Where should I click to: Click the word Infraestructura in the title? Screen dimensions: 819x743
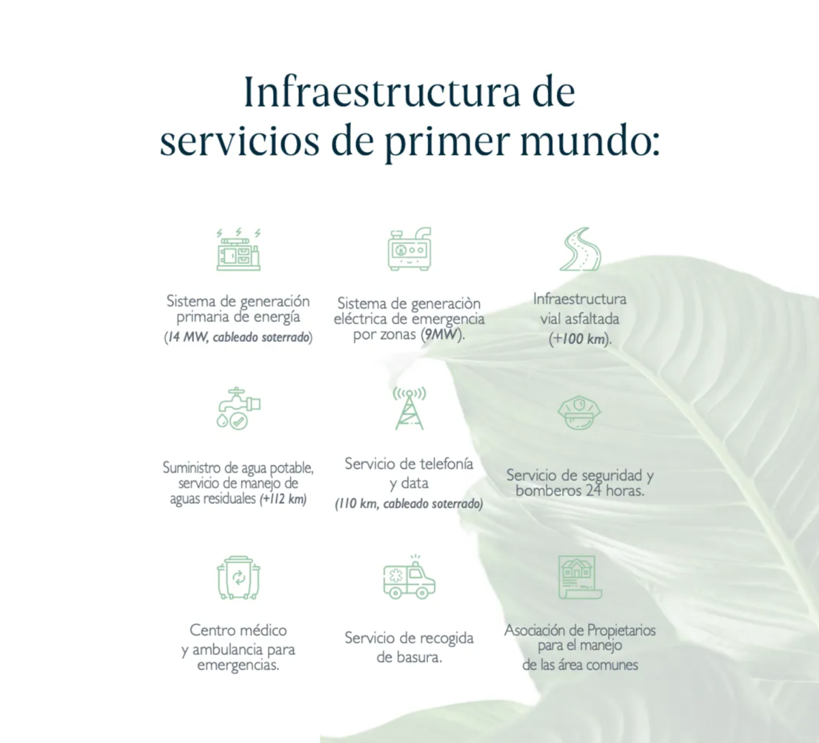pos(382,91)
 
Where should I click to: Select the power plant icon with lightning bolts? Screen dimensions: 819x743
pos(238,249)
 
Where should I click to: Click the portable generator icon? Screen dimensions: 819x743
pos(409,249)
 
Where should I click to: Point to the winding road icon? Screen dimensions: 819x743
pos(579,249)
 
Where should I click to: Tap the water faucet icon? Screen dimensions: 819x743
pos(238,408)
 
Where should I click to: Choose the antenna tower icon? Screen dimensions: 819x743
pos(409,408)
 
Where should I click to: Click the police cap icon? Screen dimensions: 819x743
pos(579,412)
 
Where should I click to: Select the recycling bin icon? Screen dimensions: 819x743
pos(238,577)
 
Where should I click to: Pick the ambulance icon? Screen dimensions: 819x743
pos(409,577)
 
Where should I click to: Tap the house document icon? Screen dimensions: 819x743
pos(579,577)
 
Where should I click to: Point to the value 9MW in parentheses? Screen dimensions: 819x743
pos(441,334)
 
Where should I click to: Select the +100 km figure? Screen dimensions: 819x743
pos(579,339)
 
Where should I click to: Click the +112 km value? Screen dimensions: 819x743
pos(283,499)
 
